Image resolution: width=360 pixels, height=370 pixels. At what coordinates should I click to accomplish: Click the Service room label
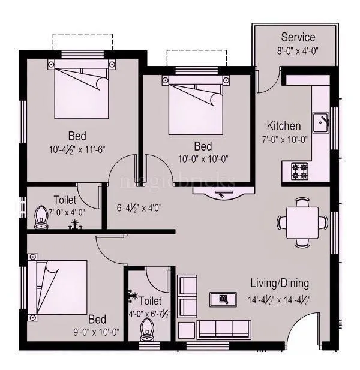(x=298, y=38)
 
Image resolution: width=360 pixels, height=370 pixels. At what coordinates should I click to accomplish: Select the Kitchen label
(x=283, y=127)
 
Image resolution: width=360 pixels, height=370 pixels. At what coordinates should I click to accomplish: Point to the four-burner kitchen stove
(x=299, y=170)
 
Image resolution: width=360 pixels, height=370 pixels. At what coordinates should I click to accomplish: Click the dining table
(x=302, y=222)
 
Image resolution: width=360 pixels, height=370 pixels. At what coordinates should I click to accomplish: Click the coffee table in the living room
(x=223, y=299)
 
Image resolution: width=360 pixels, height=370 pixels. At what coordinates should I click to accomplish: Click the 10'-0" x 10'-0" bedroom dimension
(x=203, y=159)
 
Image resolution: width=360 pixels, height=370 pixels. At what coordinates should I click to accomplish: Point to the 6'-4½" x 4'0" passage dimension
(x=139, y=209)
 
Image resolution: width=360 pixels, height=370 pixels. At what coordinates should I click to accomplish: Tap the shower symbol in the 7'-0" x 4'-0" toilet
(x=76, y=225)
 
